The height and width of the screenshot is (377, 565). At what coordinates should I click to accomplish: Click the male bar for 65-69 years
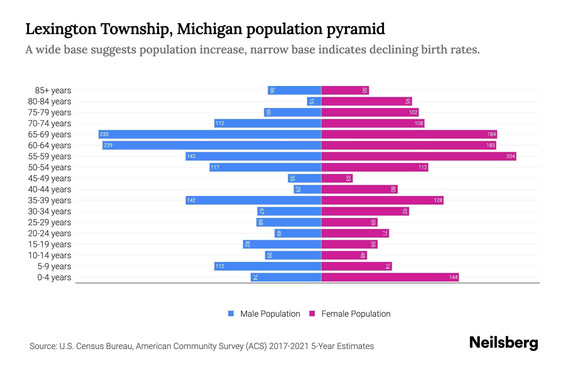point(210,134)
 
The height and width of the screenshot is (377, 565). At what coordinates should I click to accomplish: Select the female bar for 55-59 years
point(418,156)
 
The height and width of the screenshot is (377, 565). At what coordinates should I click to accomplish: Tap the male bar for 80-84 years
point(314,101)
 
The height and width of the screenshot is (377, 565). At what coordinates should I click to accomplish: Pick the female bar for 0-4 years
point(390,277)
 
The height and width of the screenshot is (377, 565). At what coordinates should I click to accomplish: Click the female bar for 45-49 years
point(337,178)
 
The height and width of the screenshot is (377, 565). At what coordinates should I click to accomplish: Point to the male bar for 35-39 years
point(253,200)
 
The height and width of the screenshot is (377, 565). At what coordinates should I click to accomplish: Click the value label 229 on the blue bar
point(108,145)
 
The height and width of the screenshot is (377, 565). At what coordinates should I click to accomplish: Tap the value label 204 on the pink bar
point(510,156)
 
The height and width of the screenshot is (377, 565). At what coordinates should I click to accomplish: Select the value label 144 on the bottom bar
point(453,277)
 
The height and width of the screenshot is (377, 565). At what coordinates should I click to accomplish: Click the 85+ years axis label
point(53,90)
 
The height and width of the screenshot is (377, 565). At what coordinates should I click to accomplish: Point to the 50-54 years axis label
point(50,167)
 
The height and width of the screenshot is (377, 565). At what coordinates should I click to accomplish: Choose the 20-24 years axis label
point(50,233)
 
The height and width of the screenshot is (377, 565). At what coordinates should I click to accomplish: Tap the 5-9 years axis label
point(54,266)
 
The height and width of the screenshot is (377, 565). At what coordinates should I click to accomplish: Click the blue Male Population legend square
point(231,314)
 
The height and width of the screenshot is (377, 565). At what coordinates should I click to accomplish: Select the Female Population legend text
point(356,314)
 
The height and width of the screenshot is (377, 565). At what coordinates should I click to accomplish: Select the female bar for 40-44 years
point(359,189)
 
